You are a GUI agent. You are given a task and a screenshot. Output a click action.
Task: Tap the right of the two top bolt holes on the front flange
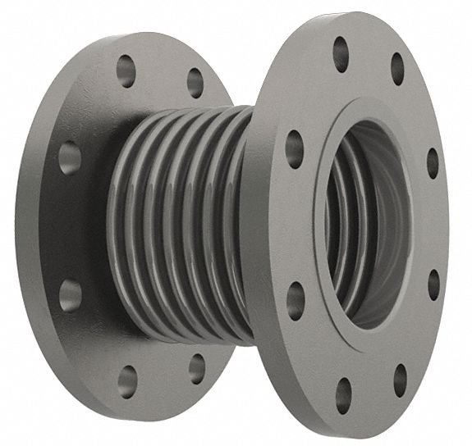[397, 69]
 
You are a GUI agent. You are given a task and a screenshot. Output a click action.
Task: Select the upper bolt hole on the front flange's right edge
[432, 162]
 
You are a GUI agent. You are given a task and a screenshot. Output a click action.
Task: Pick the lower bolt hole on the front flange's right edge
[433, 284]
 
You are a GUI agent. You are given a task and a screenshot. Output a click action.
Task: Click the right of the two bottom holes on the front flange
[400, 380]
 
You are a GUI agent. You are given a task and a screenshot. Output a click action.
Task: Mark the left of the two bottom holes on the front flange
[344, 394]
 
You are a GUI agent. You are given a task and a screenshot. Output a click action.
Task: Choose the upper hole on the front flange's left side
[294, 148]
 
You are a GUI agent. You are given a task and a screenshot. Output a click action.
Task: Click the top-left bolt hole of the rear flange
[126, 72]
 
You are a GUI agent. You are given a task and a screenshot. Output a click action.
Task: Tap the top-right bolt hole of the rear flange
[195, 82]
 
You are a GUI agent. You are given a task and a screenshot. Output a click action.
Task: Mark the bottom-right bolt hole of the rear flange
[197, 369]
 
